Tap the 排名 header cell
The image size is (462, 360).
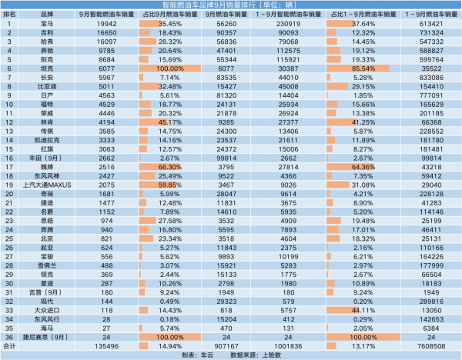coord(10,15)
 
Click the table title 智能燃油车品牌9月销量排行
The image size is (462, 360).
coord(231,5)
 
